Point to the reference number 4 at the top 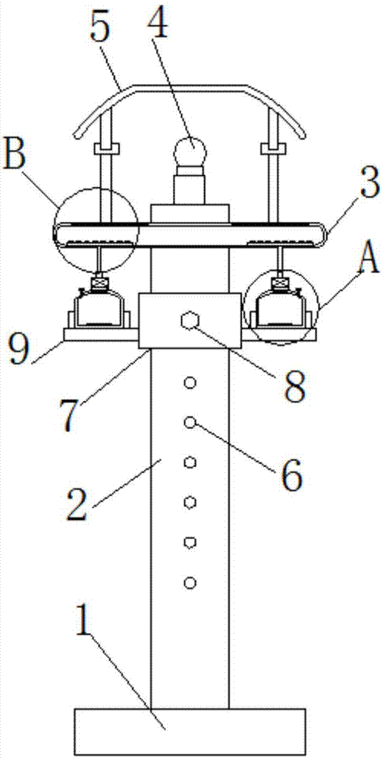156,20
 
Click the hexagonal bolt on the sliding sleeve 190,321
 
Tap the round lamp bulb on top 191,149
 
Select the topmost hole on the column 190,384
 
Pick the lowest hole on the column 190,582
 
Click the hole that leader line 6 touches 190,423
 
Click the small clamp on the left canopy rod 105,148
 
